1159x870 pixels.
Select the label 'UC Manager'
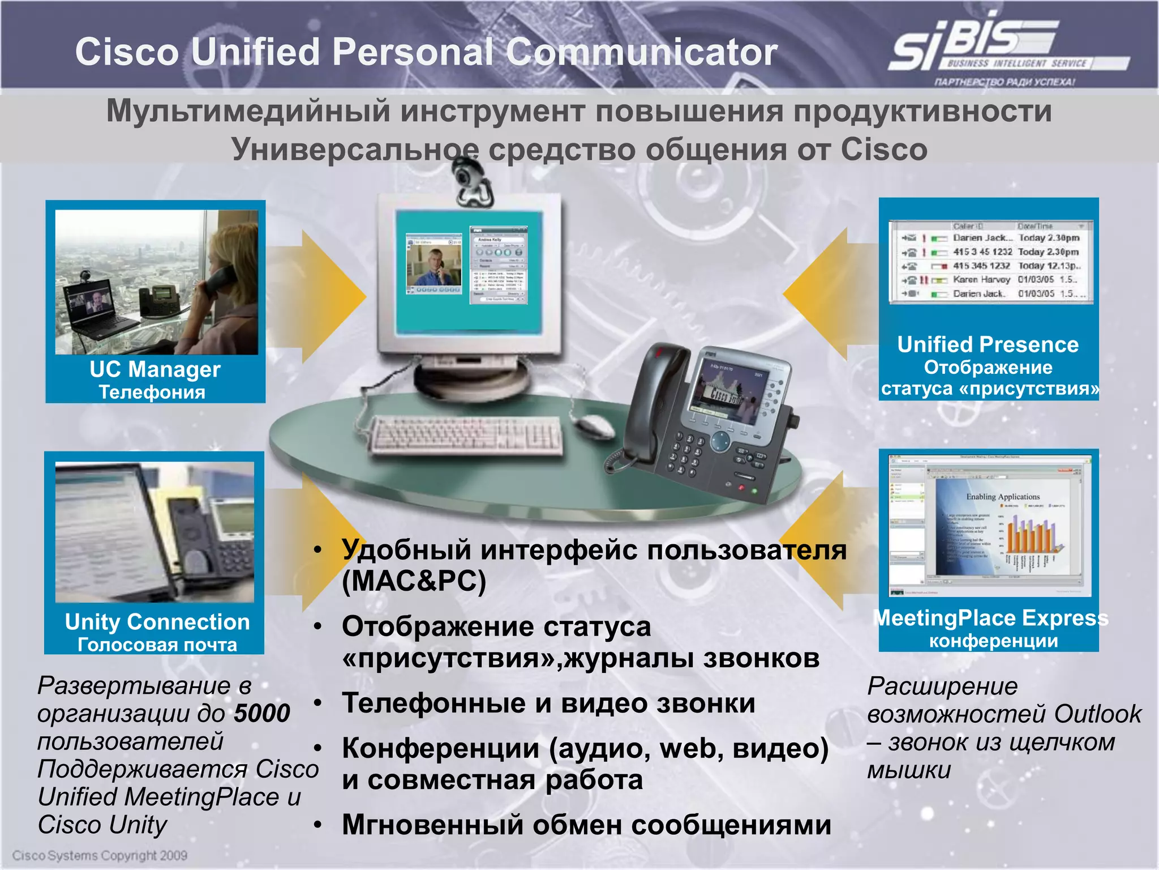tap(154, 369)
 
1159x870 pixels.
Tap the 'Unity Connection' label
tap(157, 622)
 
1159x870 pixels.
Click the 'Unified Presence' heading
tap(988, 344)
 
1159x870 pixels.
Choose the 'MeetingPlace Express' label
tap(990, 618)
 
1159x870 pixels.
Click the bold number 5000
tap(262, 713)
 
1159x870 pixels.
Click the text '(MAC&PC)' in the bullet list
tap(414, 581)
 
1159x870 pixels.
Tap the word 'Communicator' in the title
tap(641, 52)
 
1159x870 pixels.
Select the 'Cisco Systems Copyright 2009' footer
tap(100, 855)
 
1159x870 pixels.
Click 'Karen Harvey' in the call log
tap(981, 280)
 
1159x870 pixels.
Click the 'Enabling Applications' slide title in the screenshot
tap(1003, 497)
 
